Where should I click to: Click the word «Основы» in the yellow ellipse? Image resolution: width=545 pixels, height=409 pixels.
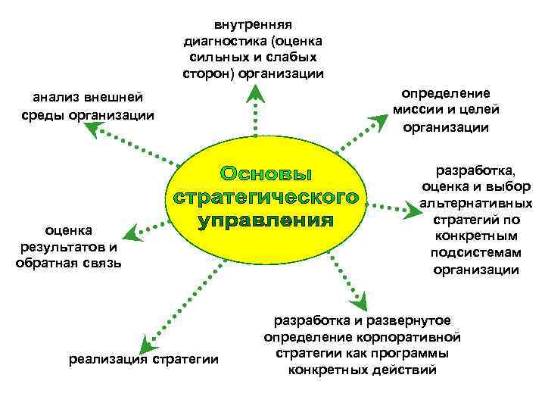pos(266,173)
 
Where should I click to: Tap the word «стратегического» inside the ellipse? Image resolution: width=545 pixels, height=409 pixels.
pos(266,198)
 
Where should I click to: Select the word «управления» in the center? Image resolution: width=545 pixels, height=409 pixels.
pos(266,222)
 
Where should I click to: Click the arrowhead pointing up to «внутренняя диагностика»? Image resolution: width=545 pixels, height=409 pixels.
pos(256,93)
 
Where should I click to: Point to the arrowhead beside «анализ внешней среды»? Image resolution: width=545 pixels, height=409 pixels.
pos(96,131)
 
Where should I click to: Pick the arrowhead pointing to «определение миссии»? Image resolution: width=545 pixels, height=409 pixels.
pos(378,121)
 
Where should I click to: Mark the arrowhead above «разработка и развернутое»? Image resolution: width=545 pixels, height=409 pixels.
pos(363,301)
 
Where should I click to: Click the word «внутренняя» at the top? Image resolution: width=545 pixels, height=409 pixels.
pos(253,25)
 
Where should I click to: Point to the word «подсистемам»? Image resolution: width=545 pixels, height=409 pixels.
pos(475,253)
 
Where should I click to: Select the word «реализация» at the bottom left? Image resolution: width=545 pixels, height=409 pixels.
pos(109,359)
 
